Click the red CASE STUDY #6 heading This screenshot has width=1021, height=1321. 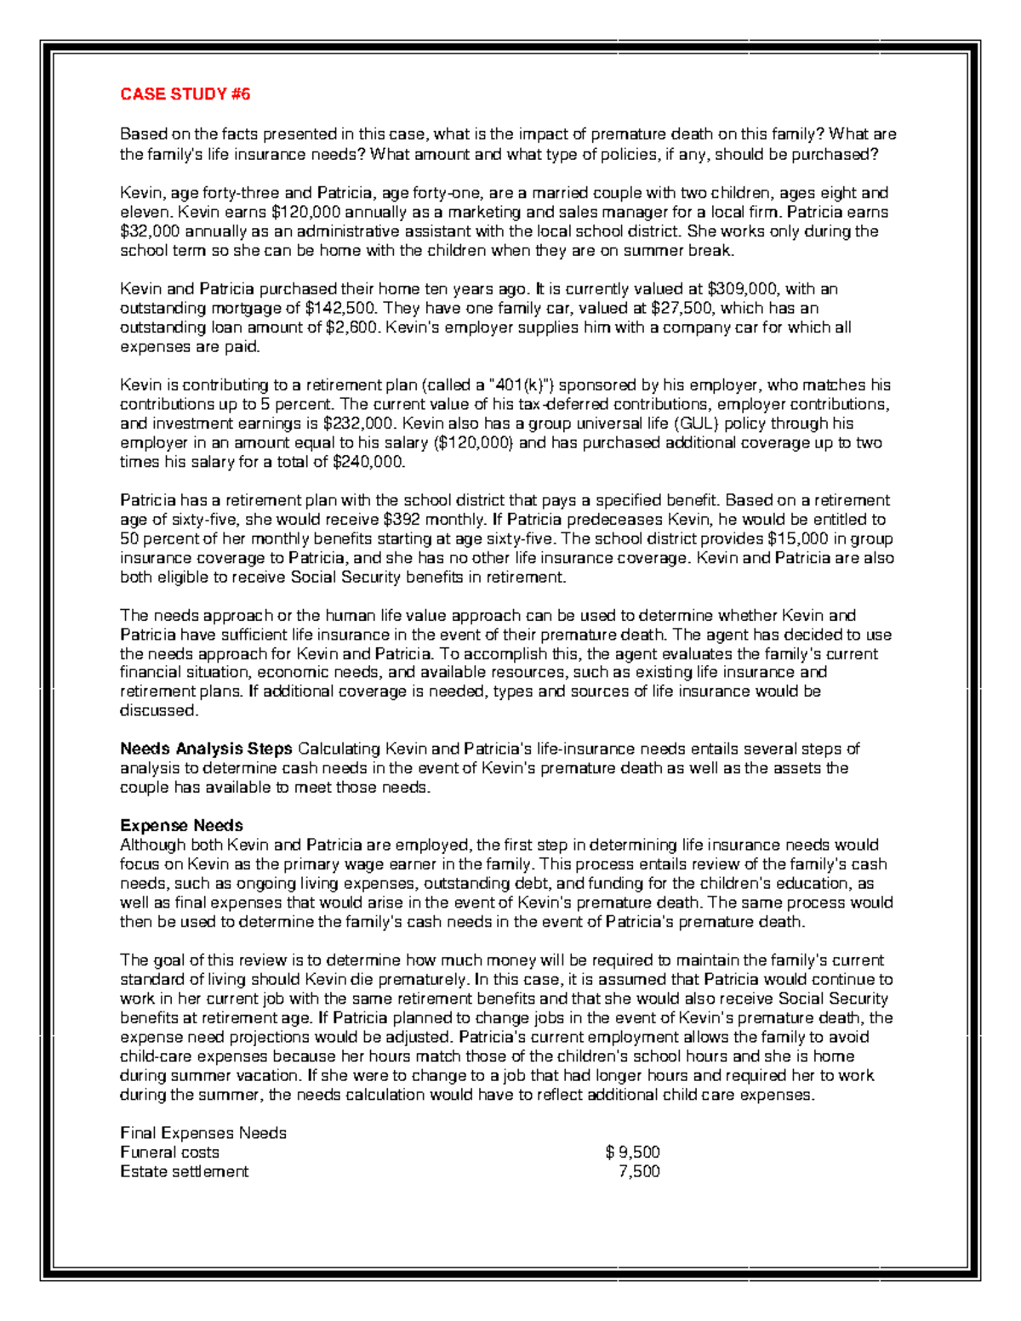tap(185, 94)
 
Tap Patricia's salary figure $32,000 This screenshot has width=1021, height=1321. tap(150, 231)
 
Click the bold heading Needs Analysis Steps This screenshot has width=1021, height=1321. tap(206, 749)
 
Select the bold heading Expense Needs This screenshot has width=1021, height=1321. tap(181, 826)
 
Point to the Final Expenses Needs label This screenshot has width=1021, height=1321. tap(203, 1133)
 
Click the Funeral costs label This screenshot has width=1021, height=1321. tap(169, 1153)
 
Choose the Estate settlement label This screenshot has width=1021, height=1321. tap(184, 1171)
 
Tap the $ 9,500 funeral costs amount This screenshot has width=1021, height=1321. tap(632, 1153)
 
